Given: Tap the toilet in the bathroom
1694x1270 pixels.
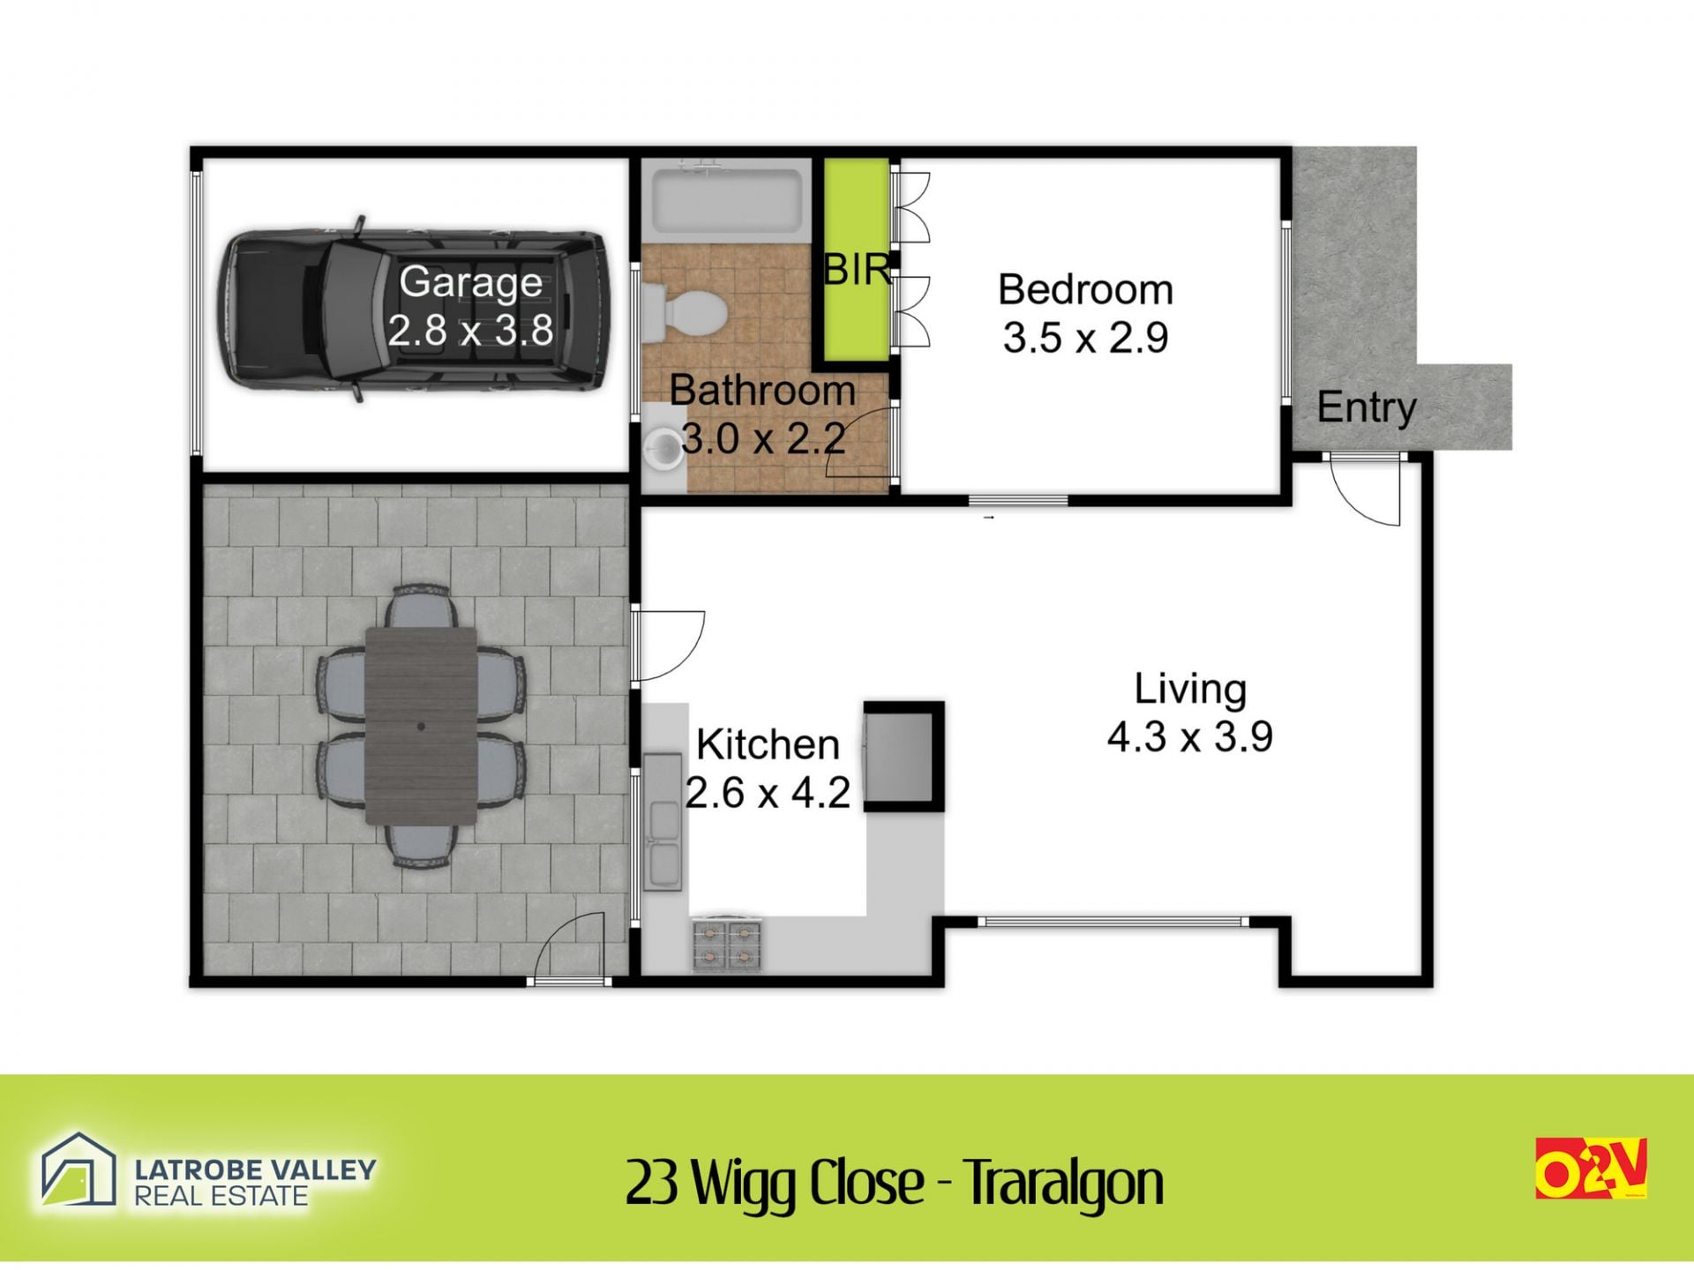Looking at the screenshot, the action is pyautogui.click(x=685, y=311).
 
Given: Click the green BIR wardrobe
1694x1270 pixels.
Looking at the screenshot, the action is pyautogui.click(x=856, y=260).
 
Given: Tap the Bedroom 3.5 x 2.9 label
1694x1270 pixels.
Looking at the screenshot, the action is pyautogui.click(x=1085, y=313).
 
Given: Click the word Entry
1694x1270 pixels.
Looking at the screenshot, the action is pyautogui.click(x=1366, y=407).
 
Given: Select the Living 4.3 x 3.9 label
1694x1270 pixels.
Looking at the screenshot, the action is pyautogui.click(x=1189, y=713).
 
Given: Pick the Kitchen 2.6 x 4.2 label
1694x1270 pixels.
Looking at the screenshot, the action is pyautogui.click(x=768, y=768).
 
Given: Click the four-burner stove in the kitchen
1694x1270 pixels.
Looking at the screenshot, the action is pyautogui.click(x=727, y=945).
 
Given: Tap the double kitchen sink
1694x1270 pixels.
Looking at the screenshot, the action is pyautogui.click(x=663, y=822).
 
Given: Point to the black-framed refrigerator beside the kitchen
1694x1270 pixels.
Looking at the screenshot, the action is pyautogui.click(x=903, y=757).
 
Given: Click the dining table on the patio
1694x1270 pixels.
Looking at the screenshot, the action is pyautogui.click(x=421, y=725).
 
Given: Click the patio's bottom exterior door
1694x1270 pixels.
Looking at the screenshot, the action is pyautogui.click(x=570, y=948).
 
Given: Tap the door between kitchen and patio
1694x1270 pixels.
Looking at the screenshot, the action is pyautogui.click(x=668, y=646).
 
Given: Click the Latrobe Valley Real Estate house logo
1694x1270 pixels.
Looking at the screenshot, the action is pyautogui.click(x=79, y=1170).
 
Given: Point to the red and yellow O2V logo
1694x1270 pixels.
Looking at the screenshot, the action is pyautogui.click(x=1592, y=1168).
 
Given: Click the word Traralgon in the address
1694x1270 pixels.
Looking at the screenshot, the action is pyautogui.click(x=1062, y=1184).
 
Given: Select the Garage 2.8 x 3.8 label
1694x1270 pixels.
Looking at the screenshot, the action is pyautogui.click(x=470, y=306).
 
